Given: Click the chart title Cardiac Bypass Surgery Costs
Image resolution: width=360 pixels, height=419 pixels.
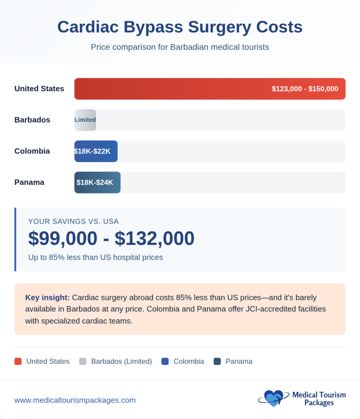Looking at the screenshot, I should tap(180, 27).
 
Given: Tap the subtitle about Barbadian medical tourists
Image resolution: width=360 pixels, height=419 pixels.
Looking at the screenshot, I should tap(180, 47).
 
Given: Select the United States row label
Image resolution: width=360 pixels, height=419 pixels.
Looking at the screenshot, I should tap(39, 89).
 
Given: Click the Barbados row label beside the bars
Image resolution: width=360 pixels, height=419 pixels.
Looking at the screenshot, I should tap(32, 120).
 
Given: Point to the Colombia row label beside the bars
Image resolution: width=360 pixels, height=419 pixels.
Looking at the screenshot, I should tap(32, 151).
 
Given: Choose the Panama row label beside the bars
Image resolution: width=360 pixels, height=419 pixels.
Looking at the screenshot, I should tap(29, 182).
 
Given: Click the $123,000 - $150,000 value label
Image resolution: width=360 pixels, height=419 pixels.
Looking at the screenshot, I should tap(305, 89).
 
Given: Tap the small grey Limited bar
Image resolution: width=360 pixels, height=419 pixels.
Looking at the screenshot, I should tap(85, 120).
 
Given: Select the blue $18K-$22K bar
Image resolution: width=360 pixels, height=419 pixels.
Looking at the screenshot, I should tap(96, 151).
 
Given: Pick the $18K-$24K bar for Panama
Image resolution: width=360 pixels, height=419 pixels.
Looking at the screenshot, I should tap(97, 182).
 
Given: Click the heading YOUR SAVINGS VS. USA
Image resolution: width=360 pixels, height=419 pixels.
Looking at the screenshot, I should tap(73, 222).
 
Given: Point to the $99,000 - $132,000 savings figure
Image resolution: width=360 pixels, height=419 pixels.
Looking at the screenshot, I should tap(111, 239).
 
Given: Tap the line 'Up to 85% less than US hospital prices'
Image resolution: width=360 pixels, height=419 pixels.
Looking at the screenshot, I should tap(96, 257).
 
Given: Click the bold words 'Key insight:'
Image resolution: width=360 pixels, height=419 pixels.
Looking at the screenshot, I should tap(47, 297).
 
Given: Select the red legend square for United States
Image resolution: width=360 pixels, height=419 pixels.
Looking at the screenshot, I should tap(18, 361).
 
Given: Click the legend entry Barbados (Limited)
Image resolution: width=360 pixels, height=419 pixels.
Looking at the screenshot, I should tap(121, 361).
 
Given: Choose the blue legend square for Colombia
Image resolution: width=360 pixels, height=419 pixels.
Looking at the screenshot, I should tap(165, 361).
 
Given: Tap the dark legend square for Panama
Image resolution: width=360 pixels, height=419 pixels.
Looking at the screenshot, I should tap(217, 361).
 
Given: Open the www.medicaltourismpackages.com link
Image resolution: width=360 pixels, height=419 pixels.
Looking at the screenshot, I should tap(75, 400).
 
